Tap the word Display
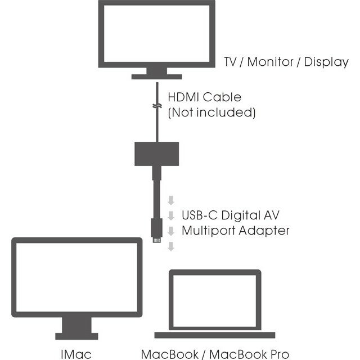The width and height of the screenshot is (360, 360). [327, 62]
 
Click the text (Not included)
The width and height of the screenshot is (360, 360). [211, 112]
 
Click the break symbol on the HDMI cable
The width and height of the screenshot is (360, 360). [157, 106]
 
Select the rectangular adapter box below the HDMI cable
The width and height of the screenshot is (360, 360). [157, 152]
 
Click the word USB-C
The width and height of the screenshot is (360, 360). [199, 215]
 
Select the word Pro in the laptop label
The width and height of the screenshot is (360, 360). [277, 354]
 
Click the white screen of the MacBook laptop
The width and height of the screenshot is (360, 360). [215, 301]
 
